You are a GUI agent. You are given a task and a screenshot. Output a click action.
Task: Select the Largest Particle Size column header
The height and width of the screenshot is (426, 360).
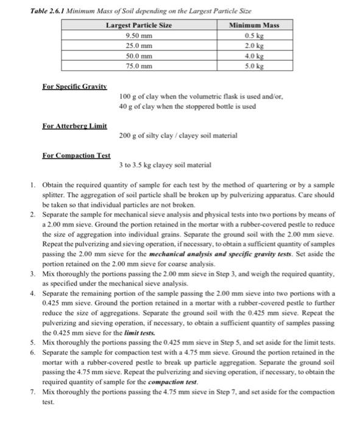coord(139,25)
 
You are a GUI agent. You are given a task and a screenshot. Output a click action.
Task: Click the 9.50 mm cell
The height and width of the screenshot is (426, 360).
coord(139,35)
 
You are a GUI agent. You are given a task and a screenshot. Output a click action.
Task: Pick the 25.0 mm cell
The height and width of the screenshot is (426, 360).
coord(139,46)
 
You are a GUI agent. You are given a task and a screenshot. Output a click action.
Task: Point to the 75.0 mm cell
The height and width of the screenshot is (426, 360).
coord(139,66)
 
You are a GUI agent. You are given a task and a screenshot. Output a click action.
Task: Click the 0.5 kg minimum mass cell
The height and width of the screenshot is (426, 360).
coord(253,35)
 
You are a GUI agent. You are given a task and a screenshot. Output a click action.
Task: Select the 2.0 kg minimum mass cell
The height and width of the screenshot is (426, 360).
coord(253,46)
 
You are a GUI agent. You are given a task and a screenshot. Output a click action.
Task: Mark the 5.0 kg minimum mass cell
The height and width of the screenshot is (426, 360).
coord(253,66)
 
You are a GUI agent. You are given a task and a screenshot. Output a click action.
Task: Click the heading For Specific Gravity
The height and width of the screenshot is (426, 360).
coord(74,86)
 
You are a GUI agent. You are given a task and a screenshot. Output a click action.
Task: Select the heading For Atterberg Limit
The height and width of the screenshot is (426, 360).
coord(74,126)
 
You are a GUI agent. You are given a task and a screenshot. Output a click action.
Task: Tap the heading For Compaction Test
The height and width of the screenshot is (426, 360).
coord(76,156)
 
